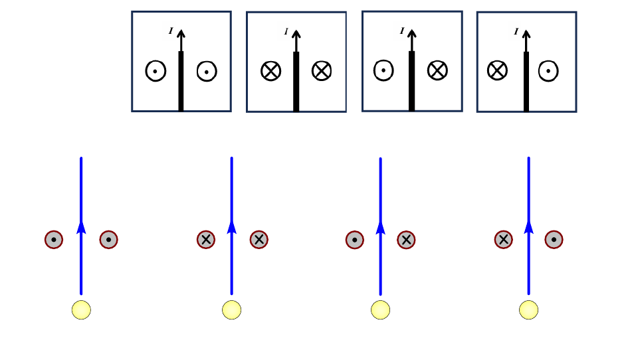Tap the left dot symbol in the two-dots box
click(156, 70)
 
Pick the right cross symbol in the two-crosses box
click(322, 70)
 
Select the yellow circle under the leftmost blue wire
click(81, 310)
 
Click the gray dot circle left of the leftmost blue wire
click(54, 239)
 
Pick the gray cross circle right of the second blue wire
click(259, 239)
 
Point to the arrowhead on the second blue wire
click(231, 227)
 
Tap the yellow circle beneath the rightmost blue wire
click(528, 310)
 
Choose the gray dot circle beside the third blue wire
click(355, 239)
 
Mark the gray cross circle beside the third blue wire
click(407, 239)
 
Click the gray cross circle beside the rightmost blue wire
click(504, 239)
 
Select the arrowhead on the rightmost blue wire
click(529, 227)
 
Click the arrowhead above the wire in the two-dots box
click(181, 33)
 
